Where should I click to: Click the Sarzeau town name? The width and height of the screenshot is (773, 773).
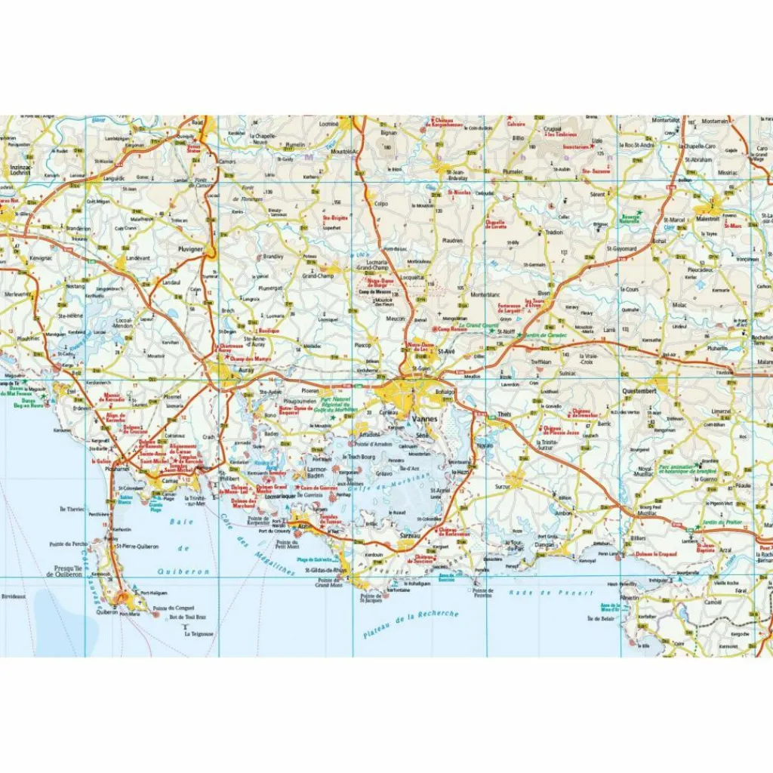click(408, 533)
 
